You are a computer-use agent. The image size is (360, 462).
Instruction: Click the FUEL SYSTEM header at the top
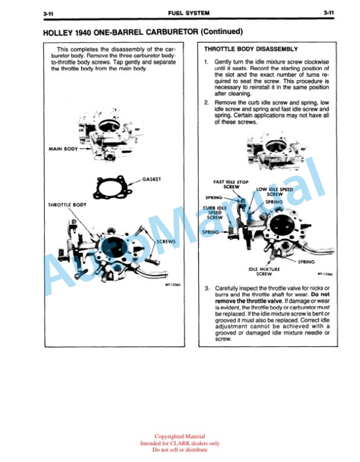point(189,13)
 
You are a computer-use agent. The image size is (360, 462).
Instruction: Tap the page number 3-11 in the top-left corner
point(48,14)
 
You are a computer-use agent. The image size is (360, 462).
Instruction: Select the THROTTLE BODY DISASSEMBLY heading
point(251,49)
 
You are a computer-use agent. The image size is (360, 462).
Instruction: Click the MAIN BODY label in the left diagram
point(64,149)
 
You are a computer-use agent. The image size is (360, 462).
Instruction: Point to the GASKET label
point(152,179)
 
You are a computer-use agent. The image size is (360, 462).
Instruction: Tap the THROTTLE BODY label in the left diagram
point(68,205)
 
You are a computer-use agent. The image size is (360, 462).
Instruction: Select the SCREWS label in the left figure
point(166,242)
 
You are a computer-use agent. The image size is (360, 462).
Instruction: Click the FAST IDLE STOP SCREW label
point(231,184)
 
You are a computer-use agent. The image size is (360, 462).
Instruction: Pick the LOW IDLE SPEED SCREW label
point(275,192)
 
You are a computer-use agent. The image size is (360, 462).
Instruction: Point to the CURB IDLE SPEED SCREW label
point(215,212)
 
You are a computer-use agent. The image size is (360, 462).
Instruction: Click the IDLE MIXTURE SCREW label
point(264,272)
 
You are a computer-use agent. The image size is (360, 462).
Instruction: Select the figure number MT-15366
point(325,274)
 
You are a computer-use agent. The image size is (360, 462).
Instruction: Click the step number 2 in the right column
point(206,102)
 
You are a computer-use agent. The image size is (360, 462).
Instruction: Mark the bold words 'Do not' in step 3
point(320,294)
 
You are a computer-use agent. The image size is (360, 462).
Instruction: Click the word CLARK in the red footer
point(180,443)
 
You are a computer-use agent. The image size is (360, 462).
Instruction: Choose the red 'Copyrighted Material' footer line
point(179,436)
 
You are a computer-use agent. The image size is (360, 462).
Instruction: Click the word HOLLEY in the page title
point(58,32)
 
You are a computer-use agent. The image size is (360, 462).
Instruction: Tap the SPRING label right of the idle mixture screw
point(306,262)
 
